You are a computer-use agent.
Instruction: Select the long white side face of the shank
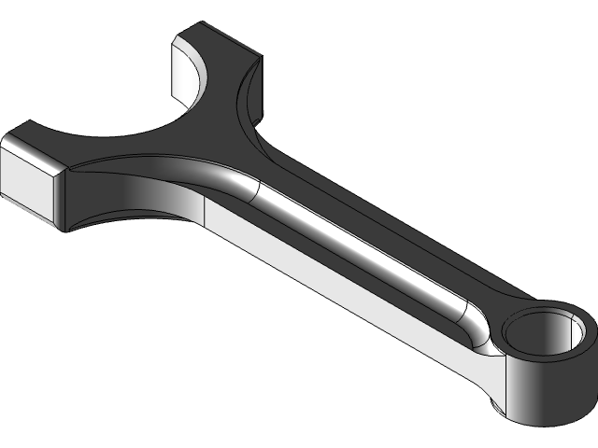tap(346, 299)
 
